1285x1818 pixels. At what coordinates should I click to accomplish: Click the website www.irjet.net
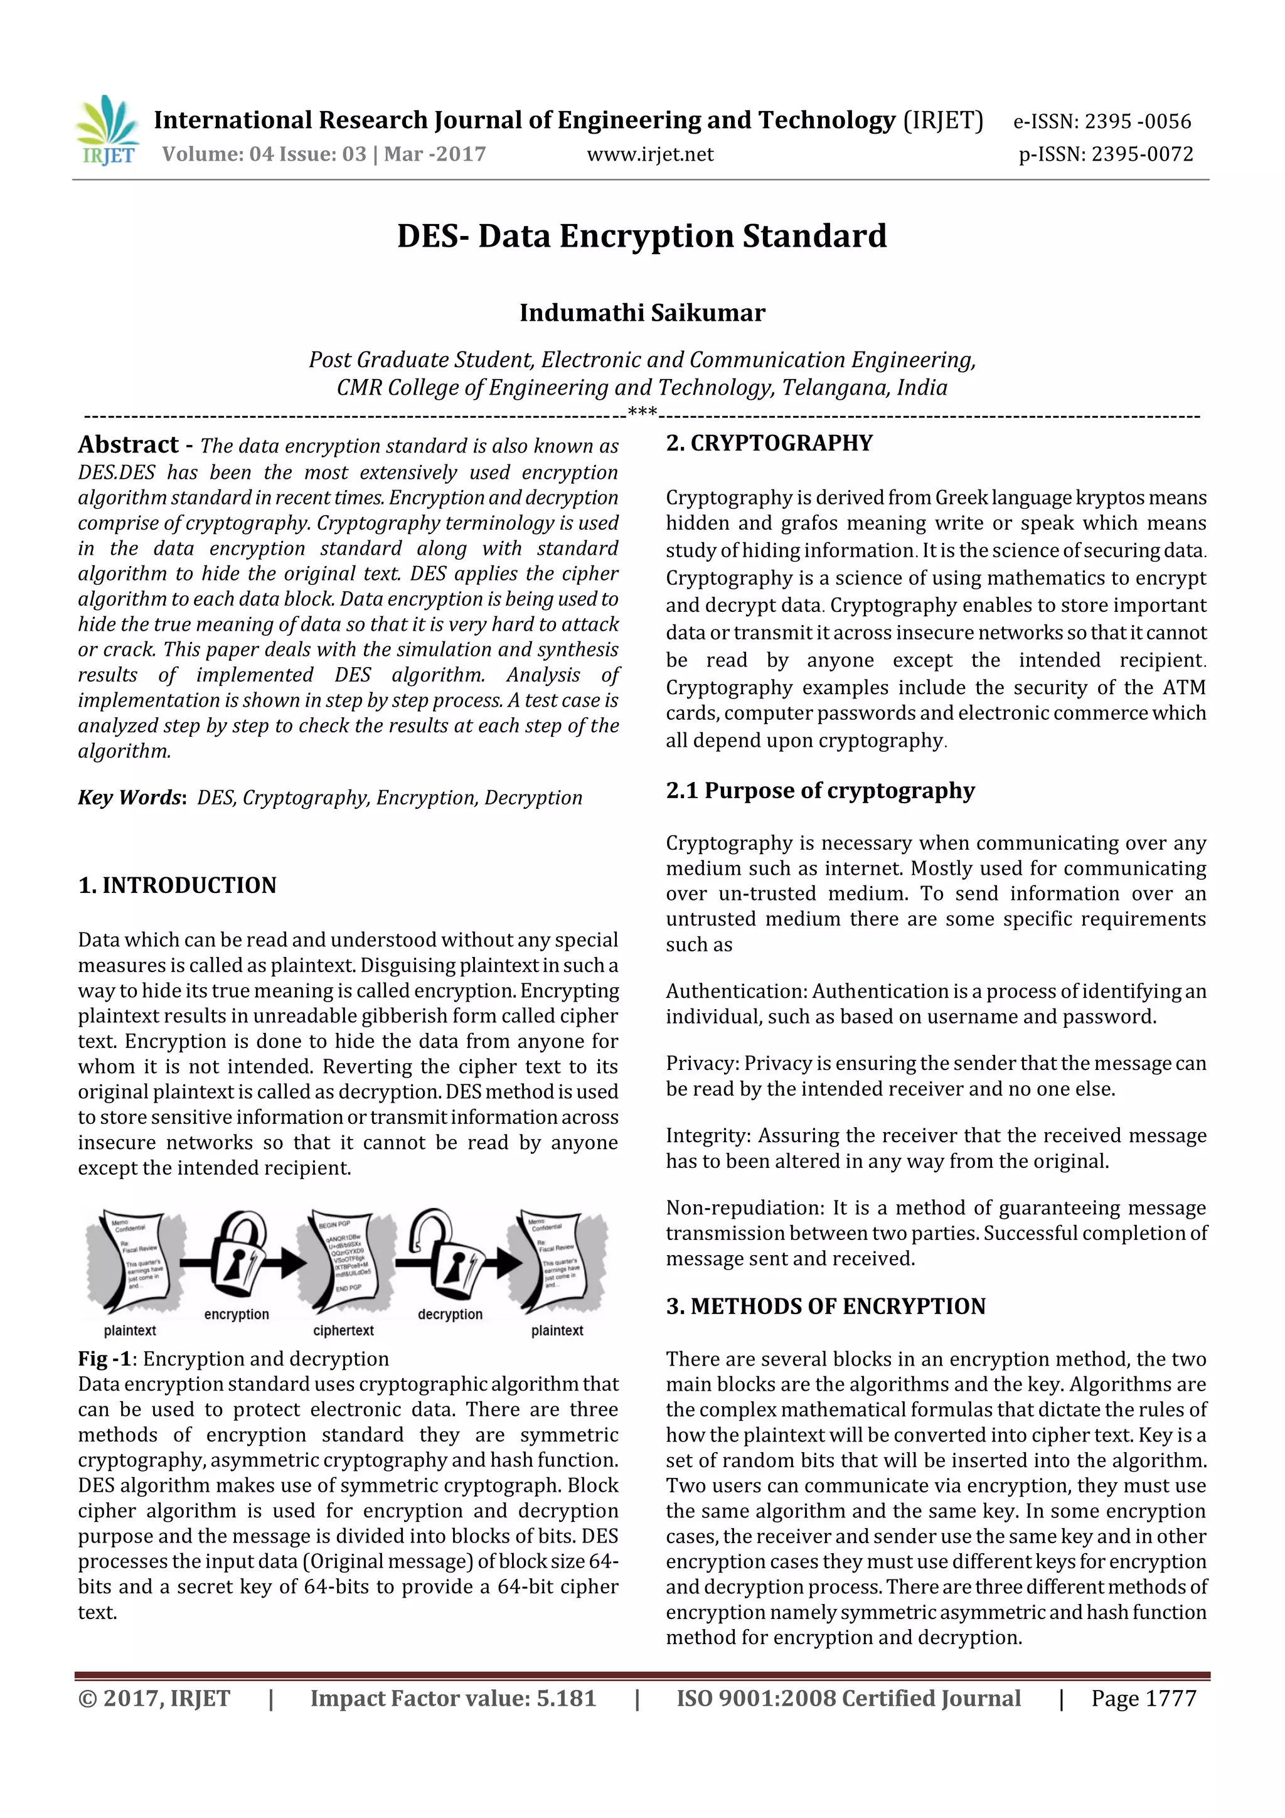[649, 154]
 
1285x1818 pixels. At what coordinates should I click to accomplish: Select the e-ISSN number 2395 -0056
[1137, 122]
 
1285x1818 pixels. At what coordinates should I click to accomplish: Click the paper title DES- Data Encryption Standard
[641, 237]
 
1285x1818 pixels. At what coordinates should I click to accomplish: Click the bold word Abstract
[128, 445]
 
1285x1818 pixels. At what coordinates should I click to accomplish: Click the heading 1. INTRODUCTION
[178, 885]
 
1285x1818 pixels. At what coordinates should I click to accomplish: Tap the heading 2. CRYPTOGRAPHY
[769, 444]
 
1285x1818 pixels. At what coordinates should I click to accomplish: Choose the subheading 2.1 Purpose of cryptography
[819, 791]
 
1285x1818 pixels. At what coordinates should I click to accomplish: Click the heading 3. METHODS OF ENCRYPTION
[825, 1307]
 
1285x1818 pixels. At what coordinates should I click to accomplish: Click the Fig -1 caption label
[104, 1359]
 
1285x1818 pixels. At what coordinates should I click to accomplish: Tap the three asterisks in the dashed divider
[641, 412]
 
